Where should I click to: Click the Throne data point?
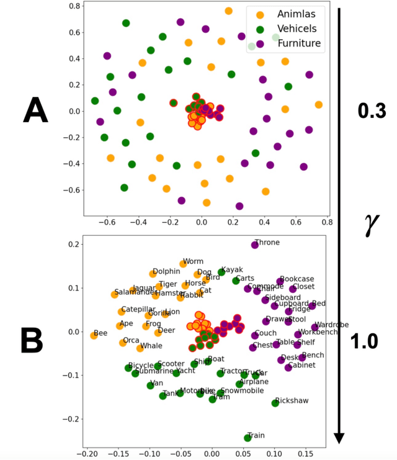[255, 245]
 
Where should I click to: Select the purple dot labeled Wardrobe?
[314, 327]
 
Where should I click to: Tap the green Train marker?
[248, 438]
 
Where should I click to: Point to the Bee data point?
[94, 335]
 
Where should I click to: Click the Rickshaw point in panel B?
[275, 403]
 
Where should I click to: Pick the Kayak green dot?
[221, 272]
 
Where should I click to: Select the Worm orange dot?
[183, 264]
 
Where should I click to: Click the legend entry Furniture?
[299, 43]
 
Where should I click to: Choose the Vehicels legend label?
[297, 29]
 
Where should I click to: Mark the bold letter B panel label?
[32, 340]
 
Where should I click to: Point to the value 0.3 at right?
[372, 111]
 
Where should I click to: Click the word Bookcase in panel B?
[297, 279]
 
